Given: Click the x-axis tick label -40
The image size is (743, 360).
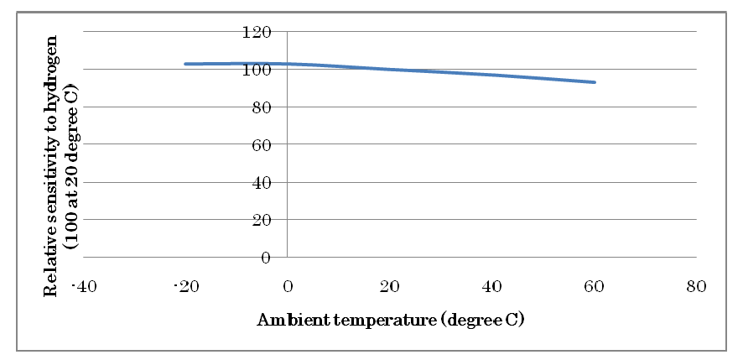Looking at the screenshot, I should point(83,287).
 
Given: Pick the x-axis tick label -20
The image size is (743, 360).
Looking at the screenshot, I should point(185,287).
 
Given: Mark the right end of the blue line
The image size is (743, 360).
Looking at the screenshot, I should point(595,82).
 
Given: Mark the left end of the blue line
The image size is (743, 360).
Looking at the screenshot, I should point(185,64).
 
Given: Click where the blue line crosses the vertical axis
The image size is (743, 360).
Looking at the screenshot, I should point(288,64).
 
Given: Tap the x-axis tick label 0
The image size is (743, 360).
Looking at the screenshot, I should point(288,287).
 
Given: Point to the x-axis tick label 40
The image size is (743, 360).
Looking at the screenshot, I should point(492,287).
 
